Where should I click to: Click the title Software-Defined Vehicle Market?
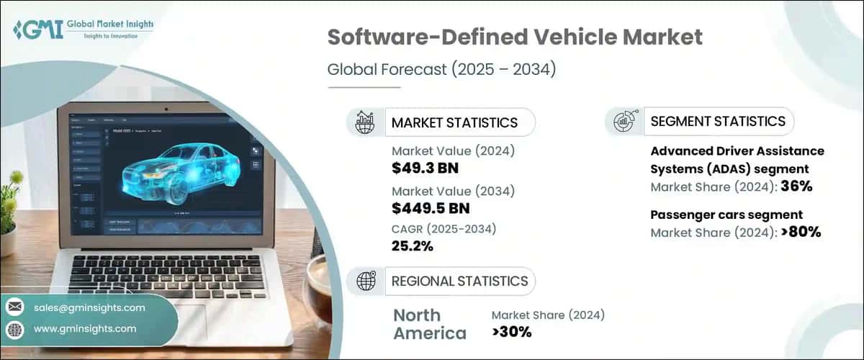(x=514, y=38)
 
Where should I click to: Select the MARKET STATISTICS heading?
(x=454, y=122)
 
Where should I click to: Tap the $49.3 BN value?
(x=425, y=168)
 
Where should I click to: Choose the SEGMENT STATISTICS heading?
(x=718, y=122)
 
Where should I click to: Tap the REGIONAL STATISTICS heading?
(x=459, y=281)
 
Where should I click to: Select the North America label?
(x=429, y=324)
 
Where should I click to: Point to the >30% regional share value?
(x=511, y=332)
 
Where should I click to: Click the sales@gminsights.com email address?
(x=89, y=307)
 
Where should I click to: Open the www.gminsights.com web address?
(x=85, y=328)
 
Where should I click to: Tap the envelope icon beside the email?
(x=15, y=307)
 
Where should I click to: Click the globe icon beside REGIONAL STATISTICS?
(x=365, y=281)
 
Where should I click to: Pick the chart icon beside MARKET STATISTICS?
(x=365, y=122)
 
